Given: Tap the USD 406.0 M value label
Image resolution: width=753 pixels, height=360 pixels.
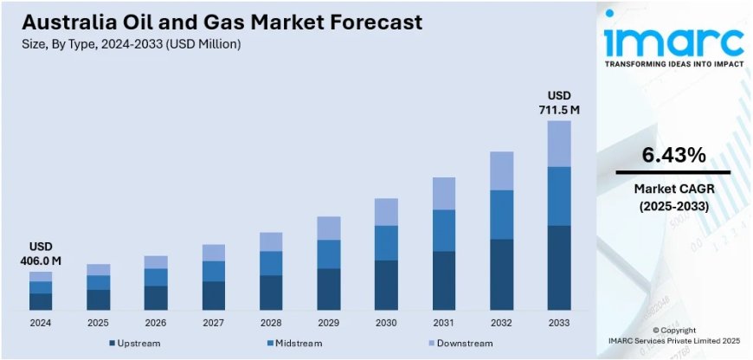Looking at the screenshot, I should tap(41, 254).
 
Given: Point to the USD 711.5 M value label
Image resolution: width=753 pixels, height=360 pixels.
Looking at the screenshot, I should tap(559, 102).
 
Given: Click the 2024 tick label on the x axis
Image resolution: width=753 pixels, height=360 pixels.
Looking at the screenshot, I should tap(41, 323).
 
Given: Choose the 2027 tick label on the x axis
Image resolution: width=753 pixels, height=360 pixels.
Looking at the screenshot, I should tap(214, 323).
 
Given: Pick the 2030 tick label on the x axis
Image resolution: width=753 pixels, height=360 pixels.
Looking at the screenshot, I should tap(386, 323).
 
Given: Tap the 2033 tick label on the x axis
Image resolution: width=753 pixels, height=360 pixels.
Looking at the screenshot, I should tap(559, 323).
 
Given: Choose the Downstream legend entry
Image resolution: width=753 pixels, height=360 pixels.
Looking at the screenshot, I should tap(464, 344).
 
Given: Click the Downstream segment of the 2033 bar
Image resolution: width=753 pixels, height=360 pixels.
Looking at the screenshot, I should tap(559, 144).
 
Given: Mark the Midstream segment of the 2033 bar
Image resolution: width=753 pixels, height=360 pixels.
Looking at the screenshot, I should tap(559, 196).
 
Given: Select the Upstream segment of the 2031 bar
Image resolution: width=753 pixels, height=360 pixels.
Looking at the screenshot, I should tap(444, 280).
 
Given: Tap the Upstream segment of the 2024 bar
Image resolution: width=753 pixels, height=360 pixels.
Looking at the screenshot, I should tap(41, 301).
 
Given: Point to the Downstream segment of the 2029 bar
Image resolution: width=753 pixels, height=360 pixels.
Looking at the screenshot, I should tap(329, 228).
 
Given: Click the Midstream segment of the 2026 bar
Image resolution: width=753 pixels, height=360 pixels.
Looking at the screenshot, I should tap(156, 277).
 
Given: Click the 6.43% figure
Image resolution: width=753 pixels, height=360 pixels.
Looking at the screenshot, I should tap(673, 155).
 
